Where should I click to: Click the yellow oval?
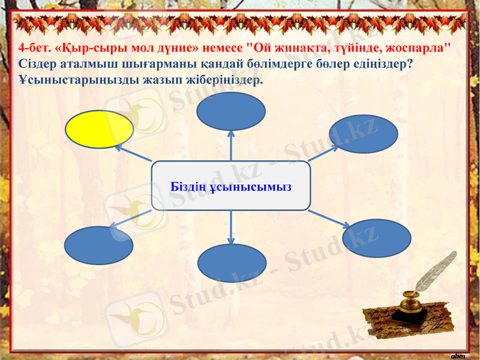[x=98, y=129]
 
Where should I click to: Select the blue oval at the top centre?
[x=231, y=111]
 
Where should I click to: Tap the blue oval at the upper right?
[x=363, y=134]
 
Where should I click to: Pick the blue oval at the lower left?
[x=98, y=245]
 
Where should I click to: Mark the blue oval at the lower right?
[x=376, y=238]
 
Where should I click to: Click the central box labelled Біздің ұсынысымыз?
[x=231, y=186]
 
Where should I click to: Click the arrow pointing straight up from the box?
[x=231, y=146]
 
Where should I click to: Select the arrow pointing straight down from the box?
[x=231, y=227]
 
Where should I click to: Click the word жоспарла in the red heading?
[x=420, y=47]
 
